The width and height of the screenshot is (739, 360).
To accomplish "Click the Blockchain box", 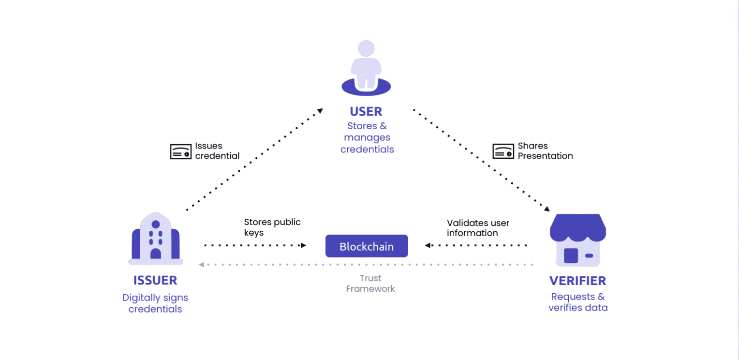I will (x=366, y=246).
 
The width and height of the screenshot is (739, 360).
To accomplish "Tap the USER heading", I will (x=366, y=111).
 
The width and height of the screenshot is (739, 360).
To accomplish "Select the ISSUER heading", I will (x=155, y=280).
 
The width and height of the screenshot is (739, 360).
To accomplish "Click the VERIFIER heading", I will (x=577, y=281).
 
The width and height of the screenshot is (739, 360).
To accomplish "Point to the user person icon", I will (x=366, y=67).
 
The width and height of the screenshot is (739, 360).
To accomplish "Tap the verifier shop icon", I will (x=577, y=240).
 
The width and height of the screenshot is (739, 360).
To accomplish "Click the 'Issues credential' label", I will (x=217, y=151).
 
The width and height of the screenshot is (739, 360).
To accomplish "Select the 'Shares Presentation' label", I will (x=545, y=151).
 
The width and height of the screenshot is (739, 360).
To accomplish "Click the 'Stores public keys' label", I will (x=272, y=227).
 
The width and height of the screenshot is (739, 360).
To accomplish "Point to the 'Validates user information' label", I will (x=478, y=228).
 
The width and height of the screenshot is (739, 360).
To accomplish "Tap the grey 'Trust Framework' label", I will (x=370, y=284).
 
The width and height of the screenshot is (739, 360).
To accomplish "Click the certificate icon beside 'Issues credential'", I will (x=180, y=151).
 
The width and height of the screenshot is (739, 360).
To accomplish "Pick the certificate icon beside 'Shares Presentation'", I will (x=503, y=151).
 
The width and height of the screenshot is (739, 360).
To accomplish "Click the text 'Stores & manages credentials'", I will (x=367, y=137).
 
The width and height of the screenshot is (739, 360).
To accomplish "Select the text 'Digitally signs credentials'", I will (x=155, y=303).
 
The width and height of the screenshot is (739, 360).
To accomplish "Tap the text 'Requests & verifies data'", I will (x=578, y=302).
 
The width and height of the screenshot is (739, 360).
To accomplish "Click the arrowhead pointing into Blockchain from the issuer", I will (x=303, y=245).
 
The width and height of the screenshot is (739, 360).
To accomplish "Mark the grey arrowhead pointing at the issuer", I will (x=202, y=265).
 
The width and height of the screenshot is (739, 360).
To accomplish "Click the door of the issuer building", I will (x=156, y=254).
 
